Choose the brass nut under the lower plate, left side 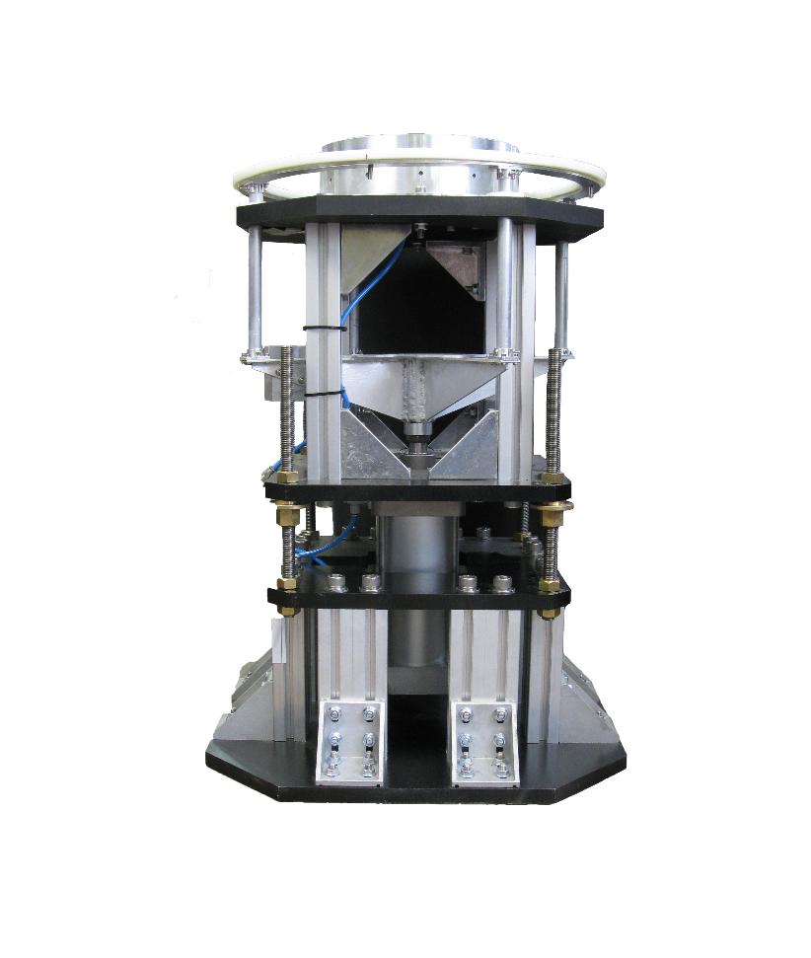click(288, 611)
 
